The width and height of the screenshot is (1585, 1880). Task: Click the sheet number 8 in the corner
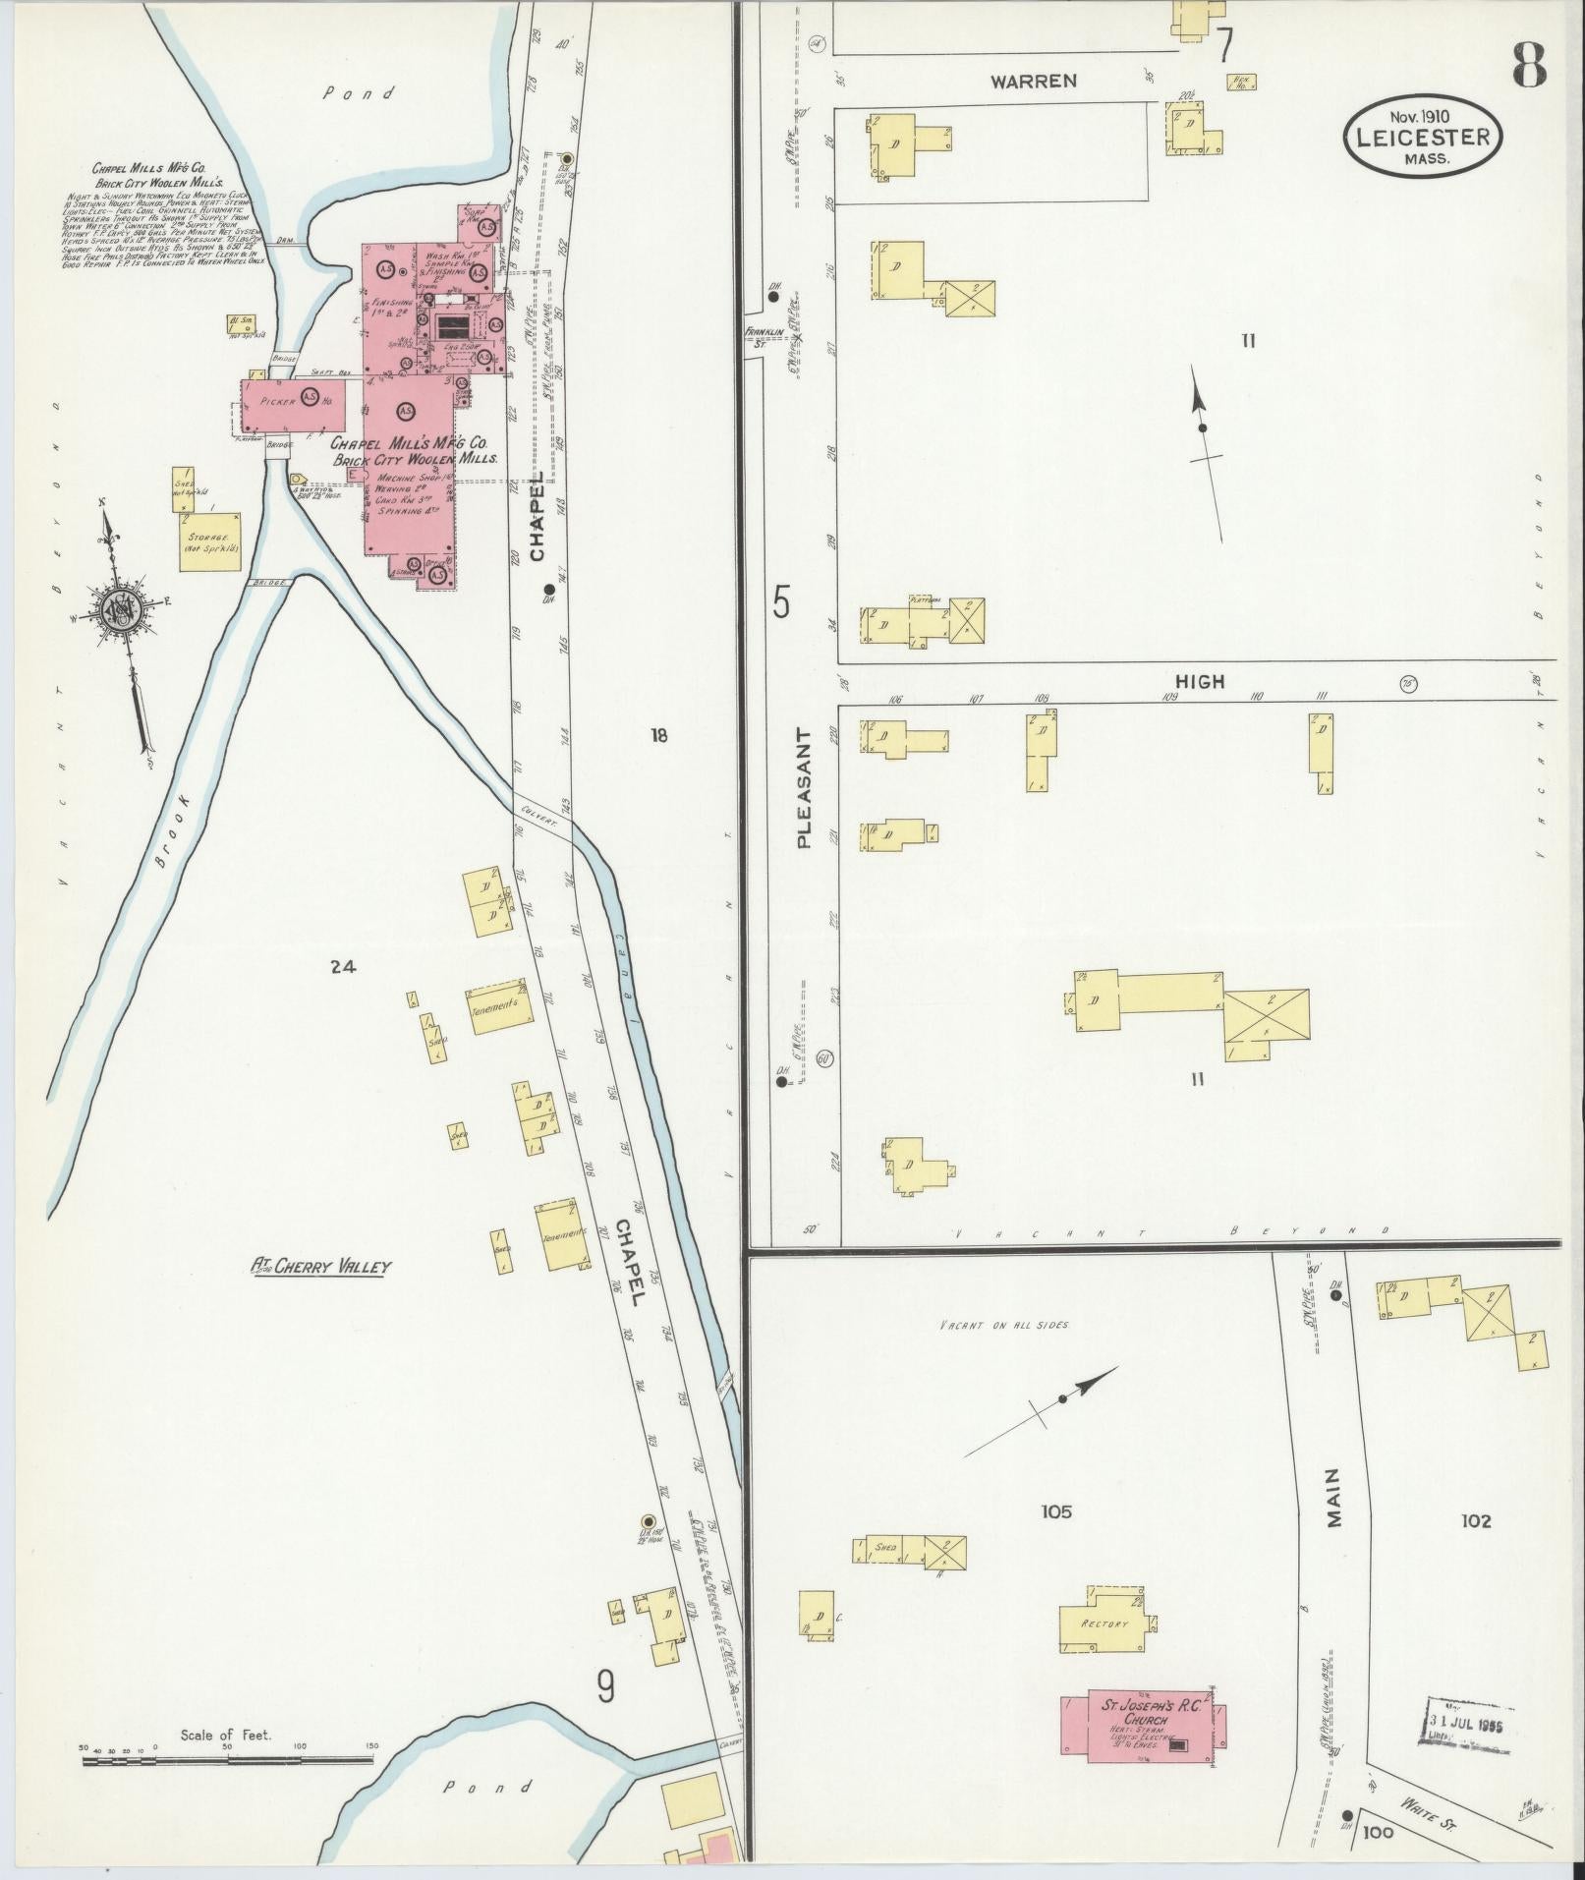(1529, 67)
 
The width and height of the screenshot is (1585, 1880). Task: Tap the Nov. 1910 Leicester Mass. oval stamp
(1424, 139)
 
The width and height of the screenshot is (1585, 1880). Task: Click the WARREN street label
(1033, 82)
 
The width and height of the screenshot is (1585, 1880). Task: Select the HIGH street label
(1200, 681)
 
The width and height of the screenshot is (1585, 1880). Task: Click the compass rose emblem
(122, 614)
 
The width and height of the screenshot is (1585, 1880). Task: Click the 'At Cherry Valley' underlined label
(320, 1267)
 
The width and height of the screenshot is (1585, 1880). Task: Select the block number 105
(1056, 1511)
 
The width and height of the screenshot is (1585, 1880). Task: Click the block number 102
(1476, 1521)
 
